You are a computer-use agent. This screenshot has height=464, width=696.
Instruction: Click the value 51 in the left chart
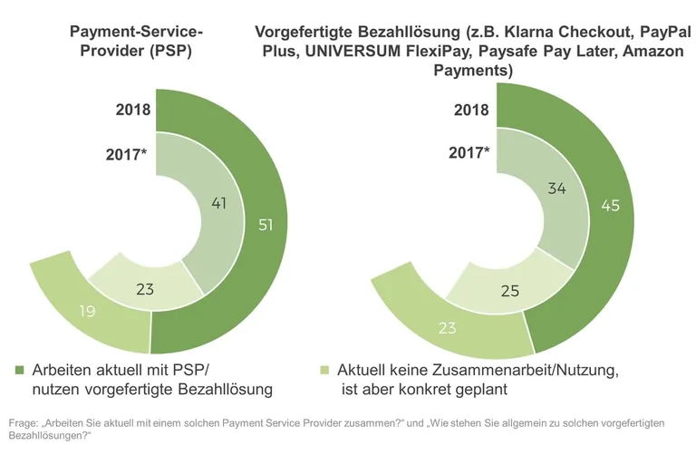pyautogui.click(x=266, y=225)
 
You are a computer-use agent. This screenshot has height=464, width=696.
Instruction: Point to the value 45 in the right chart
pyautogui.click(x=610, y=206)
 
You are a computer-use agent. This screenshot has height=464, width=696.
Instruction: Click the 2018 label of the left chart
pyautogui.click(x=133, y=111)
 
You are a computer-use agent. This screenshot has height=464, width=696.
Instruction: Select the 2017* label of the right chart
pyautogui.click(x=469, y=153)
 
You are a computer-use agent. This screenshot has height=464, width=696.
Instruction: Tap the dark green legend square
pyautogui.click(x=20, y=371)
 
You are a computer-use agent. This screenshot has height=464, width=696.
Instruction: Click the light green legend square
pyautogui.click(x=324, y=371)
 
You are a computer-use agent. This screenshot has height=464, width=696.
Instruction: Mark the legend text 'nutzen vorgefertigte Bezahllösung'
pyautogui.click(x=151, y=390)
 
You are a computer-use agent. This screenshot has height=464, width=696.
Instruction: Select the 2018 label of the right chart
pyautogui.click(x=471, y=111)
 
